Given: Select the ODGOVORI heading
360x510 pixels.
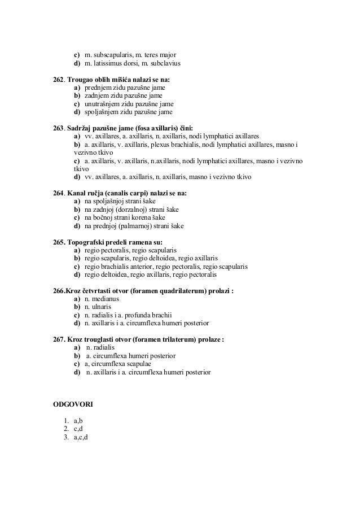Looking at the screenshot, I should coord(73,405).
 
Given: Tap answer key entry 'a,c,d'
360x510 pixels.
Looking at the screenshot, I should coord(81,438).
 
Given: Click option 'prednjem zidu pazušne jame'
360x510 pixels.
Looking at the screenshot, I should coord(125,88).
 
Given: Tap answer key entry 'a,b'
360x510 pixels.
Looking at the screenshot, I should coord(78,421).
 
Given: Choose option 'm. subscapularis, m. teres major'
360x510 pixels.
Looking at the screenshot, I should coord(130,54).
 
